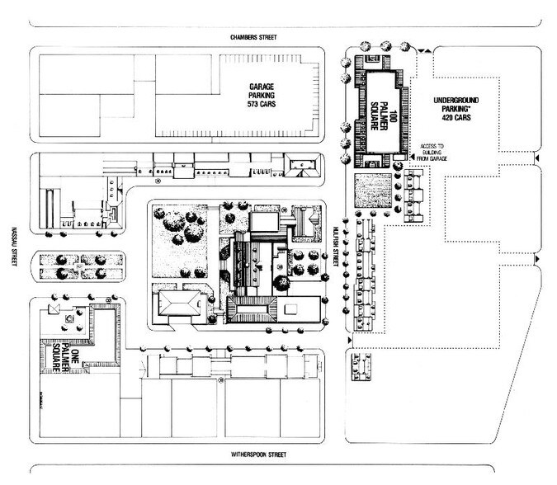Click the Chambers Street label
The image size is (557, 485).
point(254,37)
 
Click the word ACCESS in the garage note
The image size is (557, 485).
point(432,144)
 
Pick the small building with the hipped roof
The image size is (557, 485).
point(180,304)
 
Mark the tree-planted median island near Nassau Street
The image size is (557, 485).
point(77,266)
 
